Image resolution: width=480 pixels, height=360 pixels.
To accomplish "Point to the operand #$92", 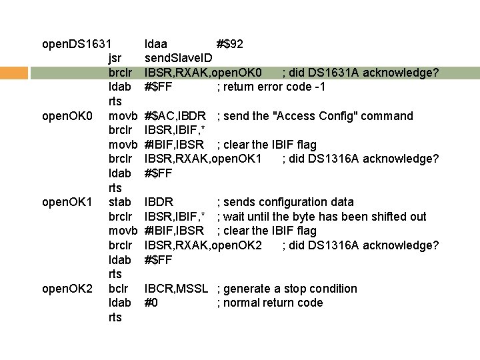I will (x=230, y=44).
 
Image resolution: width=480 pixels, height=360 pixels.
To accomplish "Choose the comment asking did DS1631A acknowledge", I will (x=360, y=73).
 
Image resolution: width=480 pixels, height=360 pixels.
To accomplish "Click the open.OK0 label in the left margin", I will (x=67, y=116).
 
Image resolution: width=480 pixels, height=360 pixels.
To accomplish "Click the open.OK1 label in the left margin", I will (x=67, y=202).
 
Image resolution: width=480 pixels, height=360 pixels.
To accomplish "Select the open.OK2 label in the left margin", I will (x=67, y=289).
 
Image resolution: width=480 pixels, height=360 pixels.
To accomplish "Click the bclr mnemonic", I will (x=118, y=289).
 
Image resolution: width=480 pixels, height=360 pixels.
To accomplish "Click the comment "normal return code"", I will (x=271, y=303).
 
